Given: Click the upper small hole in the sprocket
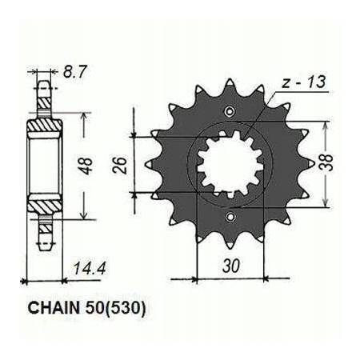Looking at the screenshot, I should (x=230, y=111).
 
